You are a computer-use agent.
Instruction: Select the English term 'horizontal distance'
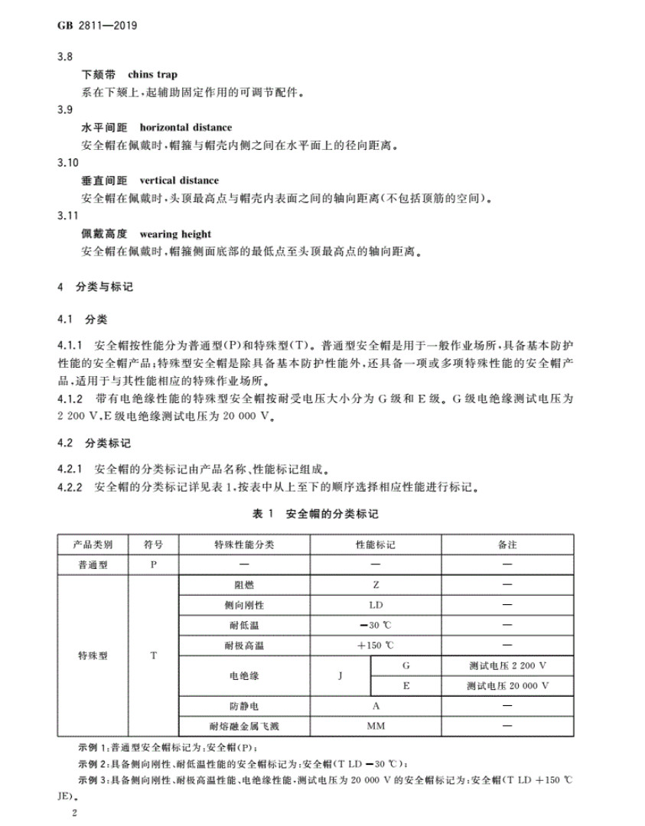[186, 127]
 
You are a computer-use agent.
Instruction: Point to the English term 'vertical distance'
[179, 180]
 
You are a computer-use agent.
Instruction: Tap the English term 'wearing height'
[175, 234]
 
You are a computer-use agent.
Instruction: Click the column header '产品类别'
[92, 545]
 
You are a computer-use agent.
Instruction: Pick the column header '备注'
[507, 545]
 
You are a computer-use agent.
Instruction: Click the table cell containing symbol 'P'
[154, 565]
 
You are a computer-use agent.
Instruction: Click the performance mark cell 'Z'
[376, 585]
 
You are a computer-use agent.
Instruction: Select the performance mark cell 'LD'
[376, 605]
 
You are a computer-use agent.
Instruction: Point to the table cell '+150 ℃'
[376, 646]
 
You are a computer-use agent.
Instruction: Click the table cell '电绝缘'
[244, 676]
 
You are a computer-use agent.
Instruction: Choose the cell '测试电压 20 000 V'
[507, 686]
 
